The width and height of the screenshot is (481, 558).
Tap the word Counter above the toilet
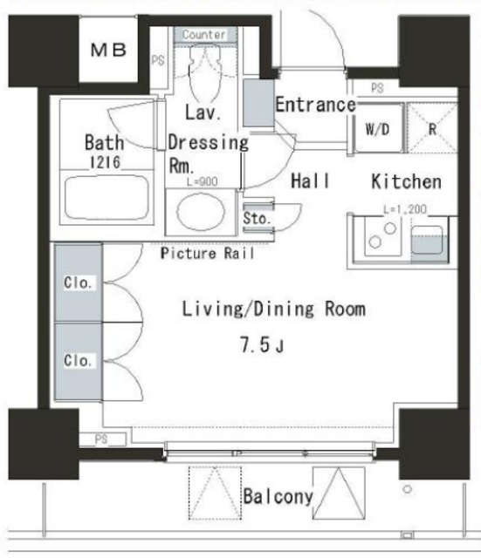(203, 35)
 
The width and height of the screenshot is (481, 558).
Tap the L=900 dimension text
(202, 181)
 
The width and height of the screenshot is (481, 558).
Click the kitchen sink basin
(427, 238)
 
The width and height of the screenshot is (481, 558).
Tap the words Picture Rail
(208, 255)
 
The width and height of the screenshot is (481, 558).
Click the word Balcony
(278, 497)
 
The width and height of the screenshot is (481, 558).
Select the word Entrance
(315, 105)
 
